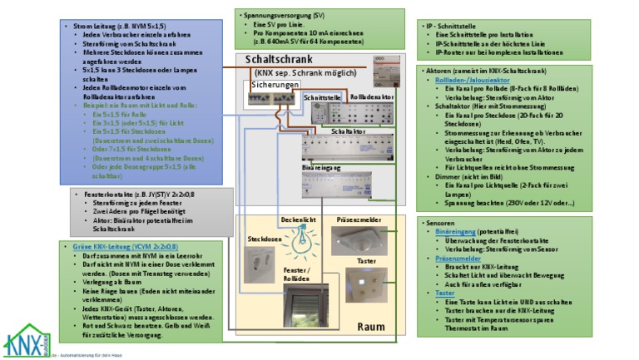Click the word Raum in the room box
[371, 327]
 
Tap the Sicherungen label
[274, 85]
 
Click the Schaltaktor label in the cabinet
[348, 131]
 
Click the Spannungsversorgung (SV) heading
[283, 16]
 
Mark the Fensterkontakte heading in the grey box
[139, 194]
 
